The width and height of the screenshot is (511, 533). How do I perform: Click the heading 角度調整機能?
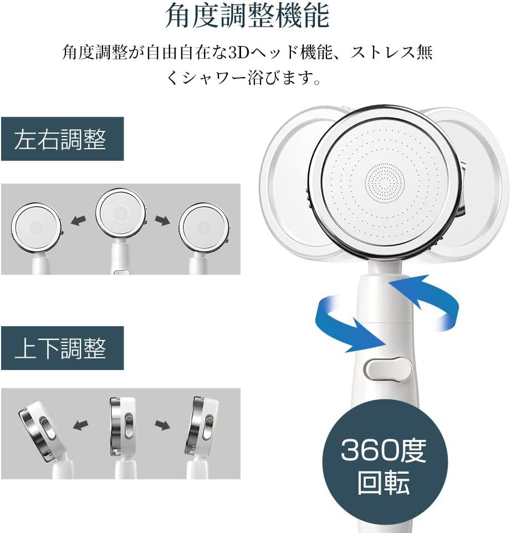click(x=247, y=16)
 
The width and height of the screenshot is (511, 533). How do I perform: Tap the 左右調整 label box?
click(x=63, y=139)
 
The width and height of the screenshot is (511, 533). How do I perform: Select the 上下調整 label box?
click(x=63, y=348)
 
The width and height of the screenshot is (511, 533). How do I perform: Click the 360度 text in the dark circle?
click(x=384, y=450)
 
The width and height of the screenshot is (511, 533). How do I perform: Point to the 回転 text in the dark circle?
click(x=384, y=482)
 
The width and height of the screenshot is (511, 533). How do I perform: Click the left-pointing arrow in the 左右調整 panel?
click(x=79, y=220)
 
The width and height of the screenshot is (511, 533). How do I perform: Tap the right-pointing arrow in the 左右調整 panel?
click(x=162, y=220)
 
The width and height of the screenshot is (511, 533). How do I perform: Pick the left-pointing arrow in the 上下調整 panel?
click(x=80, y=424)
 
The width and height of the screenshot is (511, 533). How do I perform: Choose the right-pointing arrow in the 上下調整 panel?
click(x=162, y=425)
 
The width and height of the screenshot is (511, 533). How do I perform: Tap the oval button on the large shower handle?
click(x=388, y=369)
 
